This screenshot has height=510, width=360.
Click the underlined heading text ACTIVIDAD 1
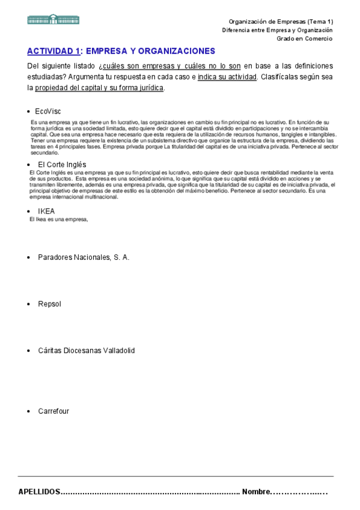click(x=53, y=51)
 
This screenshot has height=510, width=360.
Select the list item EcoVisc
click(x=47, y=111)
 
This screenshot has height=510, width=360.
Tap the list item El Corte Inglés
click(x=62, y=164)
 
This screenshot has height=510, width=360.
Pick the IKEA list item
click(x=46, y=211)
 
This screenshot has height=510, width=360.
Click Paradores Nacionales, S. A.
click(x=84, y=257)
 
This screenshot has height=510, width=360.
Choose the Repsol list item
click(x=49, y=304)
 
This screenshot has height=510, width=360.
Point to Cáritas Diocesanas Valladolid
click(x=86, y=351)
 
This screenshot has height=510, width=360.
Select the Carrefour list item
click(x=53, y=411)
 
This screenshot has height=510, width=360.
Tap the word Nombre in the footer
click(x=256, y=491)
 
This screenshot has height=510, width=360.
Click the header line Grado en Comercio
click(x=304, y=38)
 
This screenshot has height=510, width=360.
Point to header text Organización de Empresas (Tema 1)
click(x=281, y=22)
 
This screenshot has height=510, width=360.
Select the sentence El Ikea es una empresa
click(x=59, y=219)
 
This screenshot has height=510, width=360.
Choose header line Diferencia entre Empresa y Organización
click(x=277, y=30)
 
